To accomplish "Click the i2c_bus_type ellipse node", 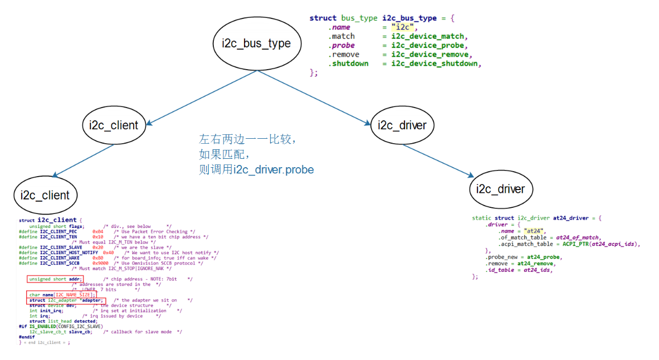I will point(256,43).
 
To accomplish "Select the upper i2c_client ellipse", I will point(113,125).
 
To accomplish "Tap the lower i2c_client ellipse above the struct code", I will point(45,195).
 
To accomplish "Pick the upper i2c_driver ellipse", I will point(402,125).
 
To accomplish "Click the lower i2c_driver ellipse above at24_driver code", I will point(501,189).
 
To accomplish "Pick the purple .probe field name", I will point(341,45).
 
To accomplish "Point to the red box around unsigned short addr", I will point(55,279).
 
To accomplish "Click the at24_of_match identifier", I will point(578,237).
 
